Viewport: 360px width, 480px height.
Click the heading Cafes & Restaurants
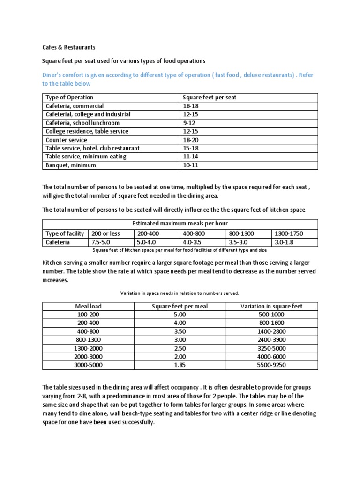click(69, 47)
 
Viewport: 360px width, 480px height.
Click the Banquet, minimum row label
click(70, 165)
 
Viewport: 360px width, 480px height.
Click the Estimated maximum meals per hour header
click(180, 223)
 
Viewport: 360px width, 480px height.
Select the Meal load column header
click(88, 306)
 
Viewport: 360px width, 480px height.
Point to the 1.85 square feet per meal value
click(180, 365)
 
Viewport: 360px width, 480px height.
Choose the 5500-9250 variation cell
click(271, 365)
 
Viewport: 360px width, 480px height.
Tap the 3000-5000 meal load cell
click(88, 365)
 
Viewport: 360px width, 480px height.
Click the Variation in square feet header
click(271, 306)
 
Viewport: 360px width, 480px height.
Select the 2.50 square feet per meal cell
click(180, 348)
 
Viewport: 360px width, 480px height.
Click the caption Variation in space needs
click(180, 293)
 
